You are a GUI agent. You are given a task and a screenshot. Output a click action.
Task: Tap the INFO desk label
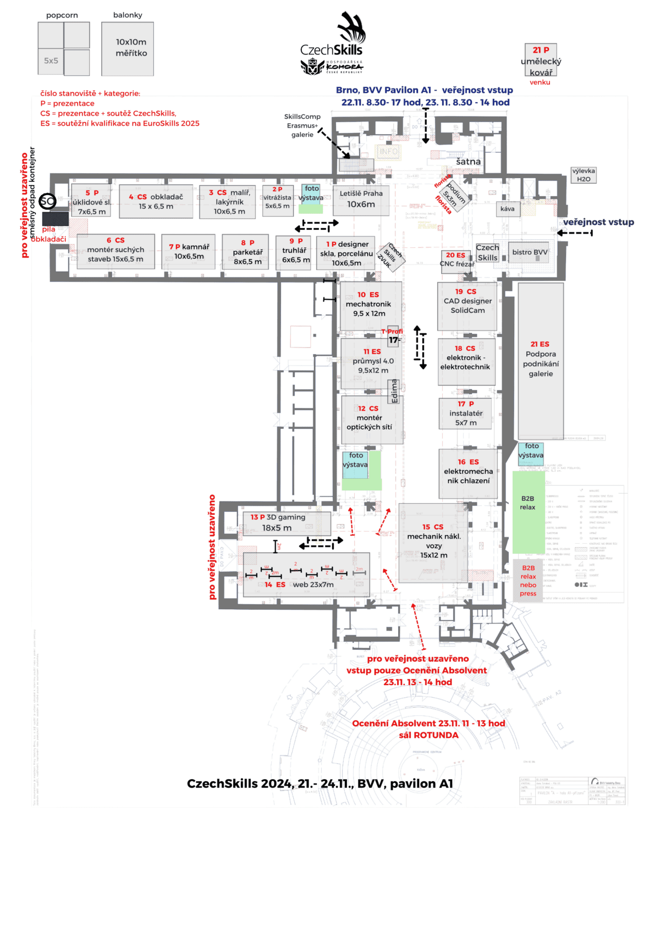[388, 151]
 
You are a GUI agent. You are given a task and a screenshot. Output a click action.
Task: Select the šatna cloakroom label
[468, 162]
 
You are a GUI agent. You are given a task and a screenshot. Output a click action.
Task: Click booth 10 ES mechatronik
[369, 305]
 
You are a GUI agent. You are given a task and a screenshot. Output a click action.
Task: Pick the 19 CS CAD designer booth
[468, 305]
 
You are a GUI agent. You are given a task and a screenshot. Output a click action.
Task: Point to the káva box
[508, 209]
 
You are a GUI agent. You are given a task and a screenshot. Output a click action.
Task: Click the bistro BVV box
[530, 252]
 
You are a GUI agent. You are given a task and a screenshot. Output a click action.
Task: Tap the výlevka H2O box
[584, 175]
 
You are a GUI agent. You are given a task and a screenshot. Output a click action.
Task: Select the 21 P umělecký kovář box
[541, 60]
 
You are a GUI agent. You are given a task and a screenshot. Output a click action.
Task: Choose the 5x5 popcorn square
[51, 61]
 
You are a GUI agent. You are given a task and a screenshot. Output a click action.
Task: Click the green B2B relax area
[528, 511]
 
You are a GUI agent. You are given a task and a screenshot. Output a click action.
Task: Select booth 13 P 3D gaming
[287, 523]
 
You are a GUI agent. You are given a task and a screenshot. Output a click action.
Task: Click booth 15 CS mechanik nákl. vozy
[433, 542]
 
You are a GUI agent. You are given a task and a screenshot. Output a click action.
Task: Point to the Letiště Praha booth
[361, 200]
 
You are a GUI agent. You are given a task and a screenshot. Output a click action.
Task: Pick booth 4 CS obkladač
[156, 202]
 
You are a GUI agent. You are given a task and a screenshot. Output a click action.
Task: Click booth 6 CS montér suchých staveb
[116, 251]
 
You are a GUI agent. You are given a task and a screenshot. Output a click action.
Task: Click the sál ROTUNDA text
[428, 735]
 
